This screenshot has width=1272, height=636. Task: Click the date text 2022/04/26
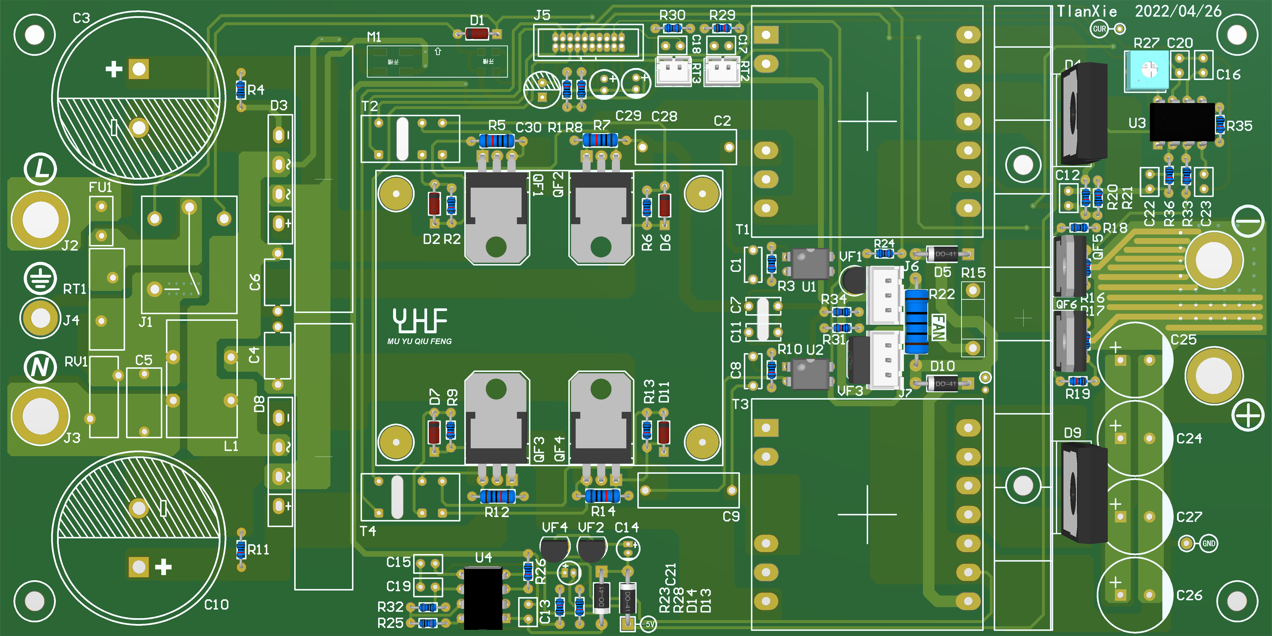[1178, 11]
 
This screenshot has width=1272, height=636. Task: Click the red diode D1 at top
[477, 34]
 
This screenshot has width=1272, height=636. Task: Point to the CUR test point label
[1099, 29]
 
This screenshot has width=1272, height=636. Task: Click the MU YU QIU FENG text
[419, 341]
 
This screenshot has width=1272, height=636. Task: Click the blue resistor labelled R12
[497, 496]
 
